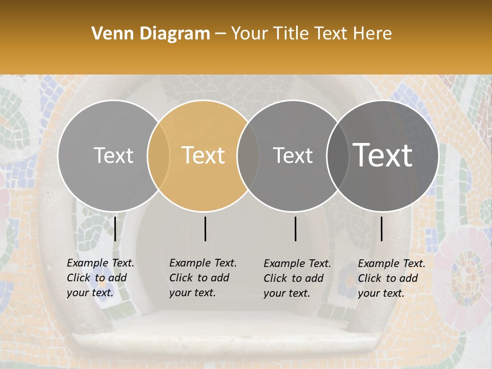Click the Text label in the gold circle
coord(203,155)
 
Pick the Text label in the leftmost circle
coord(113,155)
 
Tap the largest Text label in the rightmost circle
coord(383,155)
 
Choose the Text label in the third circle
coord(293,155)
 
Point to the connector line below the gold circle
coord(205,229)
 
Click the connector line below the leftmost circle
coord(115,229)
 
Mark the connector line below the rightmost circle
coord(382,229)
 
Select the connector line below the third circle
coord(295,229)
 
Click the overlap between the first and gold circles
coord(158,156)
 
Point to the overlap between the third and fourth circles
coord(337,156)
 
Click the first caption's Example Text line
coord(100,263)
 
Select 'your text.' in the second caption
coord(192,293)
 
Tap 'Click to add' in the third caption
coord(294,278)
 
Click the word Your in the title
coord(250,34)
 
